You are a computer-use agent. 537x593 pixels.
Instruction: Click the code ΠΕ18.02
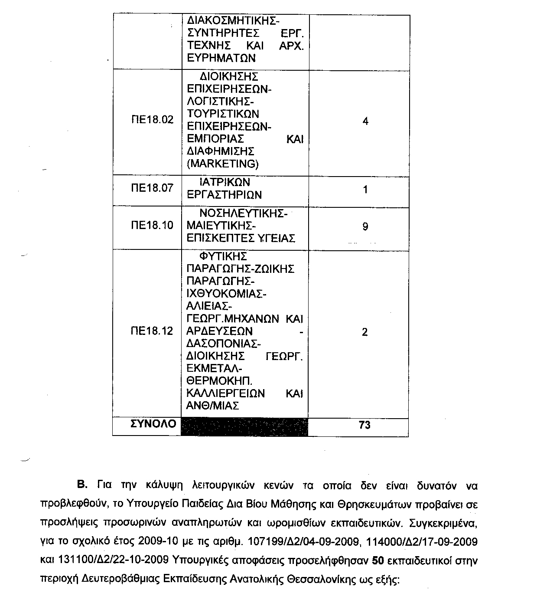[x=152, y=120]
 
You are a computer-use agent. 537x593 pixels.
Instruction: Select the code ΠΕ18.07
[x=152, y=188]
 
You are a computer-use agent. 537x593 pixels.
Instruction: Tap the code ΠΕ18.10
[x=152, y=225]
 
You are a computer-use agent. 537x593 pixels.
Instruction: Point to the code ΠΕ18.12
[x=152, y=331]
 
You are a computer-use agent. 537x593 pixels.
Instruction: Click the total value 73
[x=365, y=425]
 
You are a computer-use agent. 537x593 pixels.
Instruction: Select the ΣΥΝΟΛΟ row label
[x=153, y=423]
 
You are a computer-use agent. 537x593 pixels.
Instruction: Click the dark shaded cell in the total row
[x=245, y=427]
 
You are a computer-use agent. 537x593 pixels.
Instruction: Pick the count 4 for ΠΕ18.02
[x=365, y=121]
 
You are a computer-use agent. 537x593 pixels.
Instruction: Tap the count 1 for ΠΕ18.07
[x=365, y=190]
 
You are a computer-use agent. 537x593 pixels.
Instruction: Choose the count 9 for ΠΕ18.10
[x=365, y=226]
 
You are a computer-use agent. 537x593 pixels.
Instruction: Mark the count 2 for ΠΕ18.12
[x=365, y=332]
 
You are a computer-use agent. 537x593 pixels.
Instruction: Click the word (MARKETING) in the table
[x=222, y=164]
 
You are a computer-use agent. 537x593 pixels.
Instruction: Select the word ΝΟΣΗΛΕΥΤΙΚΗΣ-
[x=243, y=213]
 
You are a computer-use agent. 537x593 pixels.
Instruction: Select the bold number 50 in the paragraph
[x=378, y=560]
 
